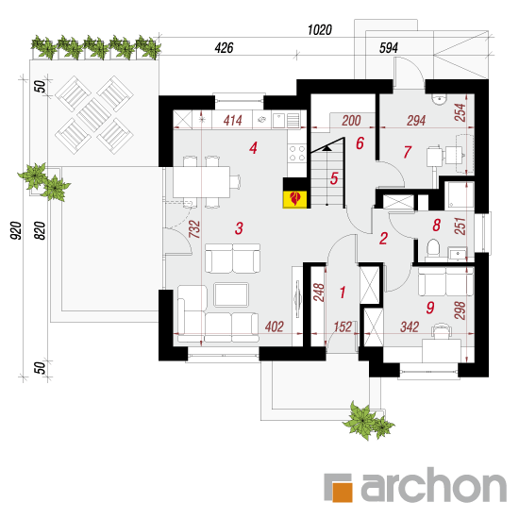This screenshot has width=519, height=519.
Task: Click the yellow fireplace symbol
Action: coord(295,199)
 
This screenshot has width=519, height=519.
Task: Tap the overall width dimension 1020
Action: coord(319,30)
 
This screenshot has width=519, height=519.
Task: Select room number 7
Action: coord(407,152)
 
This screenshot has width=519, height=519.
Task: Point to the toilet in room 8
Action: coord(433,248)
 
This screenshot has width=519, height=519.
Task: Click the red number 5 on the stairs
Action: coord(334,178)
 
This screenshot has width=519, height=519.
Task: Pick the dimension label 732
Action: coord(194,229)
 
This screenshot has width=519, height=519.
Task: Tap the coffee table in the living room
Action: coord(231,294)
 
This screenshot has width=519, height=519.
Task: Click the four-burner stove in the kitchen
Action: coord(296,153)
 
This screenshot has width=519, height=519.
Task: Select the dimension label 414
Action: coord(233,121)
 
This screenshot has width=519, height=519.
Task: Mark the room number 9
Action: coord(430,308)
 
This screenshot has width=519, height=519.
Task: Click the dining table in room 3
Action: coord(202,182)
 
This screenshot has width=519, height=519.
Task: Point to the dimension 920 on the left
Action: coord(15,230)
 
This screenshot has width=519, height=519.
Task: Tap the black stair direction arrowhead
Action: coord(327,148)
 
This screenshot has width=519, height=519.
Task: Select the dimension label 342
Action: coord(410,327)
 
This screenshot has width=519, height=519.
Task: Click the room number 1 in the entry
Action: coord(343,293)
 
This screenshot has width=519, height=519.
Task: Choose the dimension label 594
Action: coord(388,48)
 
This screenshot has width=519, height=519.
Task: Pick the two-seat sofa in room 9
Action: coord(445,281)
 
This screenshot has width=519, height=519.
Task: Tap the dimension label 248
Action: coord(319,293)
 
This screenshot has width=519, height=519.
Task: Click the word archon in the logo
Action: coord(434,485)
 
